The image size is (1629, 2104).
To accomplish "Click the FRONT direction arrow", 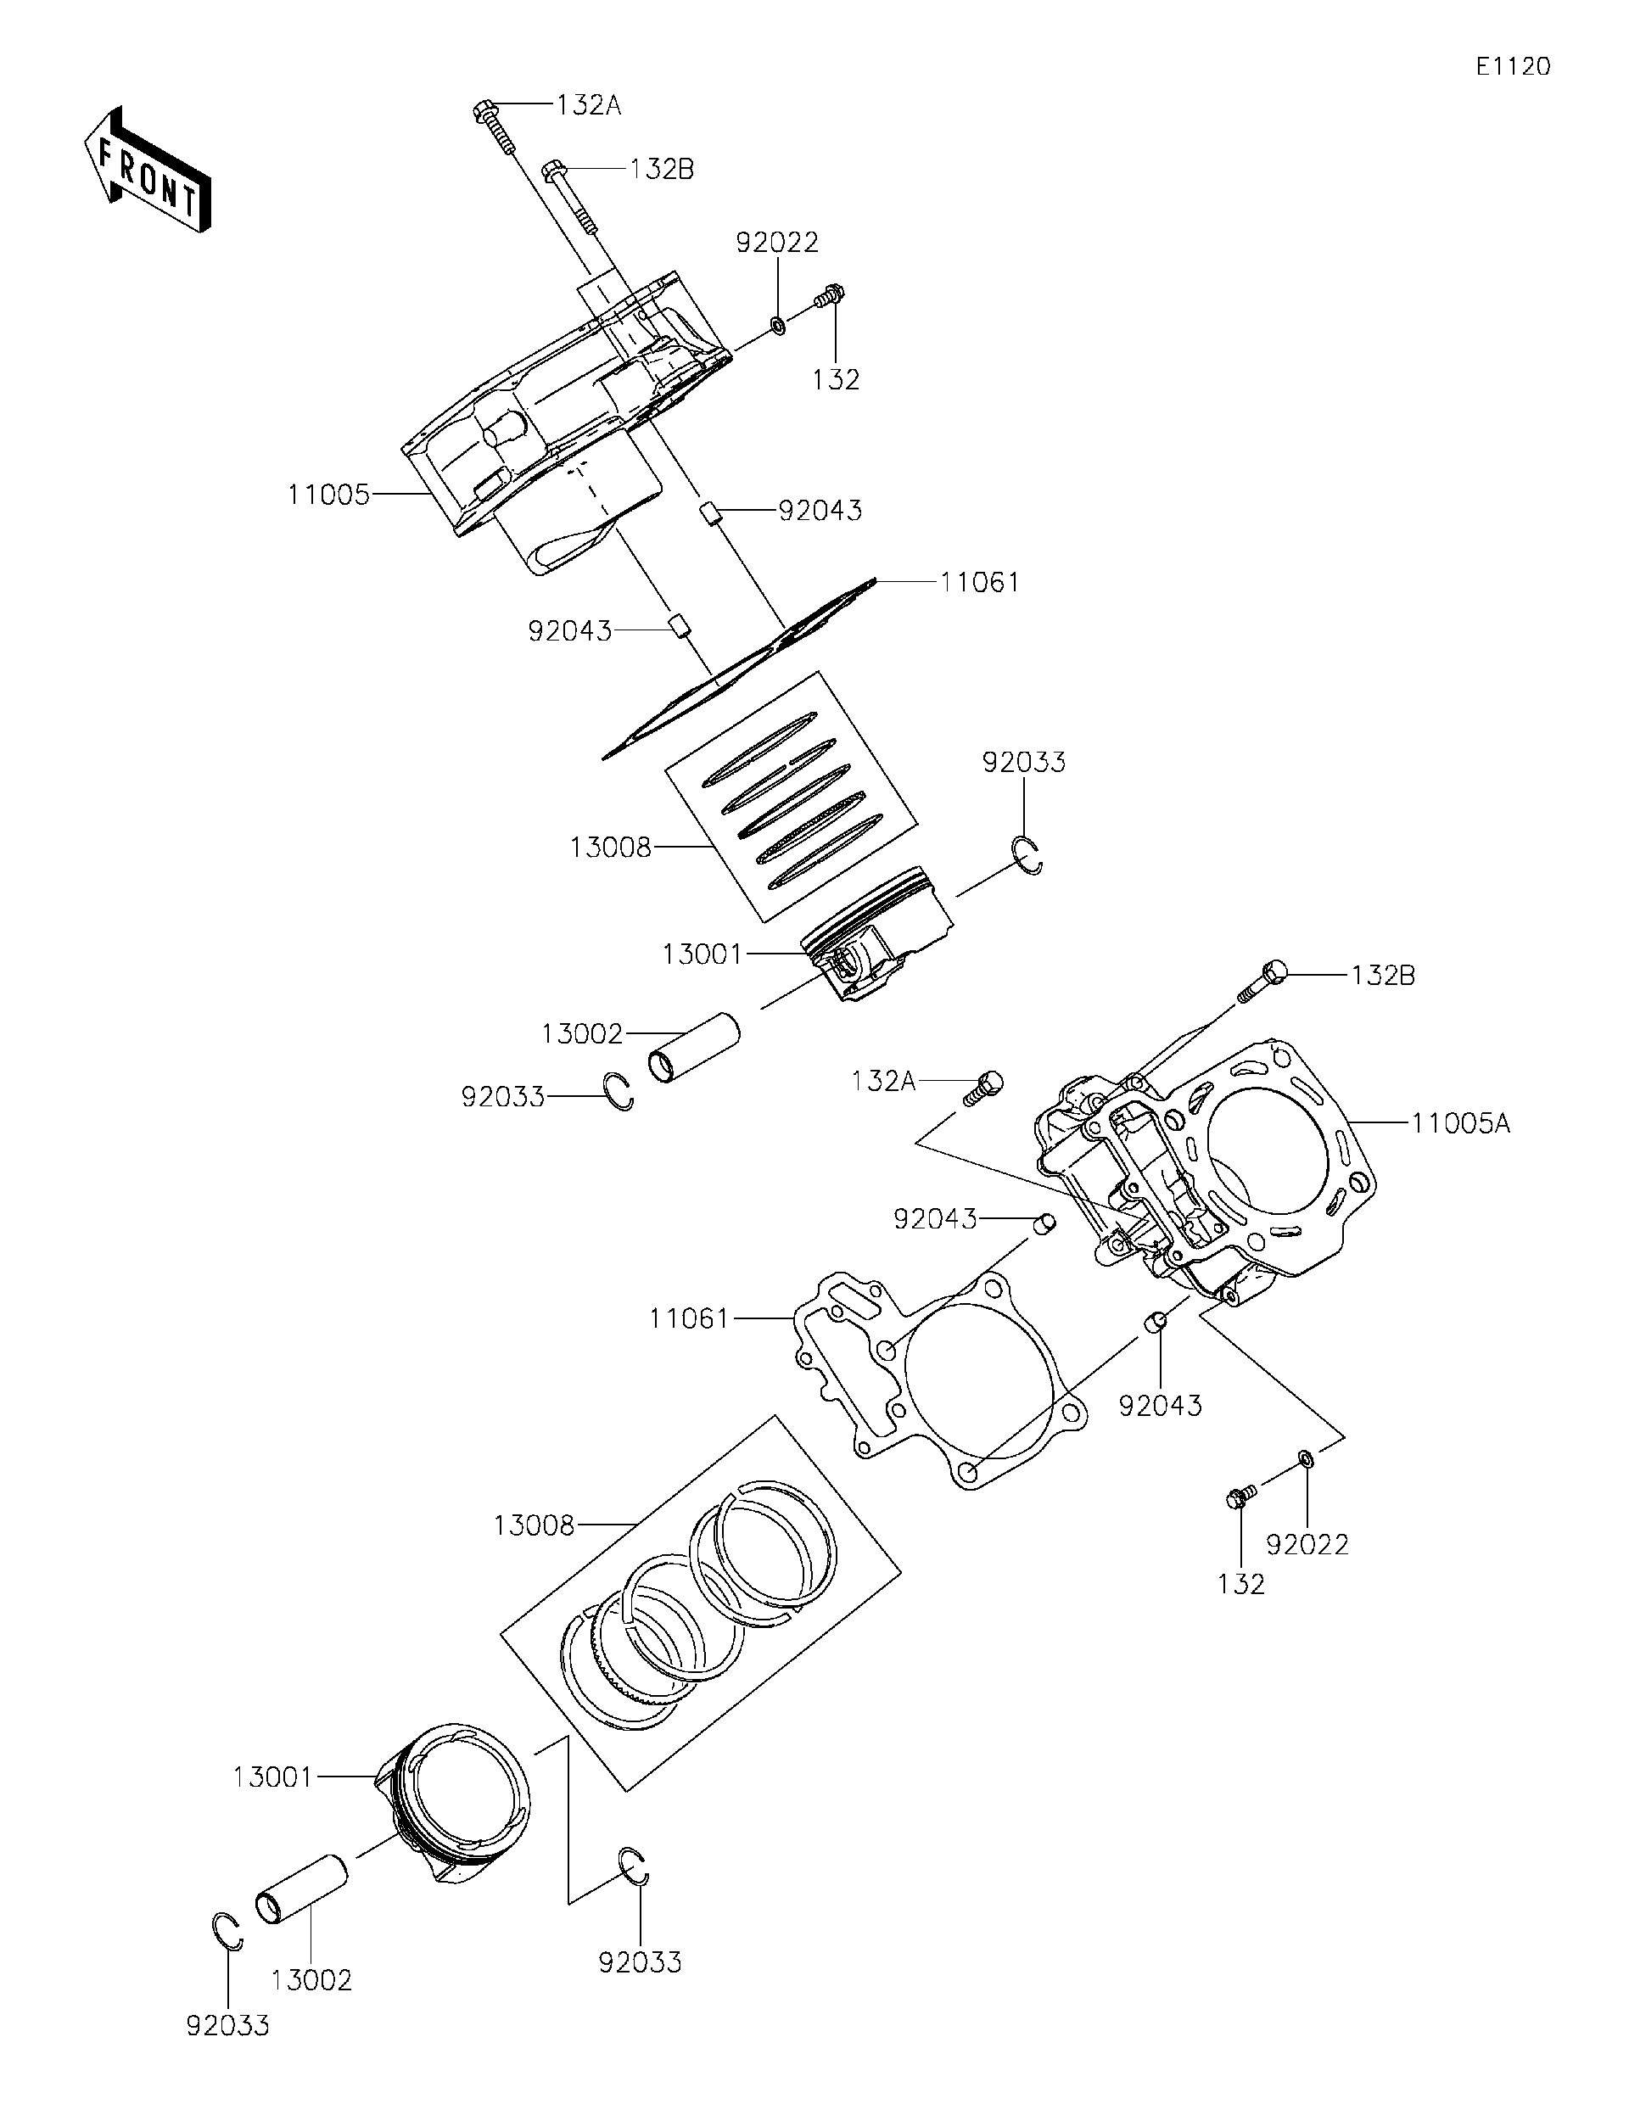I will (148, 171).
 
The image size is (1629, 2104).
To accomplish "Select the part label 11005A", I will (1460, 1122).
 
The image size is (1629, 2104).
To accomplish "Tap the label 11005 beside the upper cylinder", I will (329, 495).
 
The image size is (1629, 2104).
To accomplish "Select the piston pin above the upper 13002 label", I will (694, 1046).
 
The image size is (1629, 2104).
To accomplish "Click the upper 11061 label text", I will (980, 582).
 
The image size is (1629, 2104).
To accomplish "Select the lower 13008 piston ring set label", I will (535, 1525).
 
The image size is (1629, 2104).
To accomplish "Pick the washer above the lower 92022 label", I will (1305, 1458).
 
